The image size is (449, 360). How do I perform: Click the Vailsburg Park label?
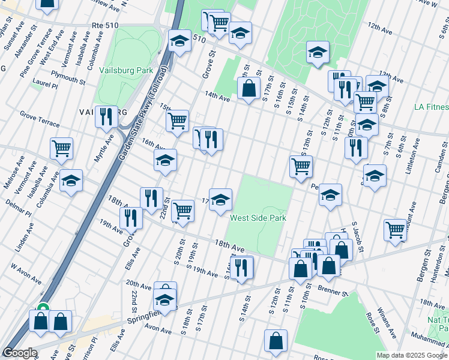(x=128, y=70)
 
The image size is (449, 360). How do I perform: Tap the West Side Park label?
(x=258, y=218)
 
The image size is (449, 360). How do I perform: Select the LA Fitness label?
(x=431, y=107)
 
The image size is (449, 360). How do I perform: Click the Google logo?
(x=19, y=353)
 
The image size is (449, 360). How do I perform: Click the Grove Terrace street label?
(x=39, y=119)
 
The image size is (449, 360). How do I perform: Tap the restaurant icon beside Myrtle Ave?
(x=106, y=116)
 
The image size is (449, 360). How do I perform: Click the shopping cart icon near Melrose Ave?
(x=62, y=148)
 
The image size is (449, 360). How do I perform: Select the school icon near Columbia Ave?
(x=71, y=179)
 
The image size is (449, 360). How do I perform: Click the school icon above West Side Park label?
(x=220, y=199)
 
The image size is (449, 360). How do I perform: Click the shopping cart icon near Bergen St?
(x=396, y=229)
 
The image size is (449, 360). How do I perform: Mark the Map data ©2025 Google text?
(x=411, y=355)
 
